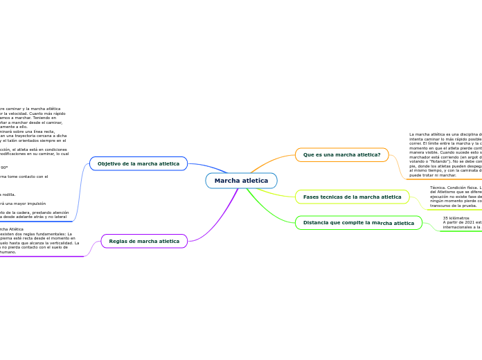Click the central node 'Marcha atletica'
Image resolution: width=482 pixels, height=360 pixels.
pyautogui.click(x=241, y=181)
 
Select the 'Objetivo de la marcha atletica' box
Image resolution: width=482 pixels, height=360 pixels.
pyautogui.click(x=139, y=163)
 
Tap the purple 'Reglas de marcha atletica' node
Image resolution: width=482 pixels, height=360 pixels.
pyautogui.click(x=144, y=241)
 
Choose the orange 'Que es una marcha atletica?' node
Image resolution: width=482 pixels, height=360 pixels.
pyautogui.click(x=341, y=154)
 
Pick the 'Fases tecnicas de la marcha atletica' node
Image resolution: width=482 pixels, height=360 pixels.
pyautogui.click(x=352, y=197)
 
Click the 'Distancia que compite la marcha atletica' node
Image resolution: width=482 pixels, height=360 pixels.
pyautogui.click(x=358, y=223)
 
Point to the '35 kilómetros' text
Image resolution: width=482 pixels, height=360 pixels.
pyautogui.click(x=456, y=218)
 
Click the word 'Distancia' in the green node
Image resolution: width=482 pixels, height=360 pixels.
pyautogui.click(x=316, y=223)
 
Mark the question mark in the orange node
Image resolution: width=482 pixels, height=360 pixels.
pyautogui.click(x=379, y=154)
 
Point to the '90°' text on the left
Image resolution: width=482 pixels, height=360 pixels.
pyautogui.click(x=4, y=168)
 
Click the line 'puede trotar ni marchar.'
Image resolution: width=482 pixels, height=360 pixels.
pyautogui.click(x=433, y=176)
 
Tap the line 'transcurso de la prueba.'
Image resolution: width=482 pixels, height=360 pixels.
pyautogui.click(x=453, y=206)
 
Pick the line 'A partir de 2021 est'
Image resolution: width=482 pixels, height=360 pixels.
pyautogui.click(x=462, y=222)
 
